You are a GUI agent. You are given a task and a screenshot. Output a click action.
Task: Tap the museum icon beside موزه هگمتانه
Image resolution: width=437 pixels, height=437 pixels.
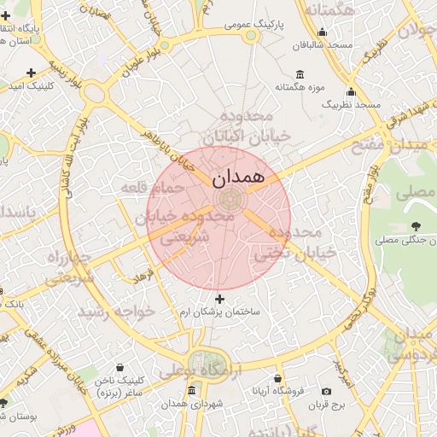coord(299,74)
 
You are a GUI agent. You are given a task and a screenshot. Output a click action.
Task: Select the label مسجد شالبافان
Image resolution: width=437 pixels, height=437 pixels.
coord(321,45)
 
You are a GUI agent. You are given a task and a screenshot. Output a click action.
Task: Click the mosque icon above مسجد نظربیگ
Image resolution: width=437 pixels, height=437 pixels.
coord(350,91)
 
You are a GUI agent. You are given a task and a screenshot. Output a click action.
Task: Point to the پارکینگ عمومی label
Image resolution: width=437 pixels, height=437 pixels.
coord(249,26)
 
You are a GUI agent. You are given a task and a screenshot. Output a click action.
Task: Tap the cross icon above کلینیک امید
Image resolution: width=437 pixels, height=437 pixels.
coord(32,73)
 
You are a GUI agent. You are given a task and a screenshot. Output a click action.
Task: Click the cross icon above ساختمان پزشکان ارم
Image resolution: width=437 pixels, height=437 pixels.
coord(220,299)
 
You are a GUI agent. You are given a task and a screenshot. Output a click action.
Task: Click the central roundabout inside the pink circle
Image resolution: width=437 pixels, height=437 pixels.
coord(228,200)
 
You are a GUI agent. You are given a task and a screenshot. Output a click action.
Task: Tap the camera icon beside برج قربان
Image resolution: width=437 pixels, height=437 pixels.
coord(327,391)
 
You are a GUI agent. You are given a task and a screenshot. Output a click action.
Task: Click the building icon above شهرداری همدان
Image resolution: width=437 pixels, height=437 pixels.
coord(189,390)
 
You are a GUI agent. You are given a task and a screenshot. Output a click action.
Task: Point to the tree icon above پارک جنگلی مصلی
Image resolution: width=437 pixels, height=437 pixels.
coord(416,226)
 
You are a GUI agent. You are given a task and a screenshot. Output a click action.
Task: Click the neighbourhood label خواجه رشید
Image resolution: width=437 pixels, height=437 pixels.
coord(117,312)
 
